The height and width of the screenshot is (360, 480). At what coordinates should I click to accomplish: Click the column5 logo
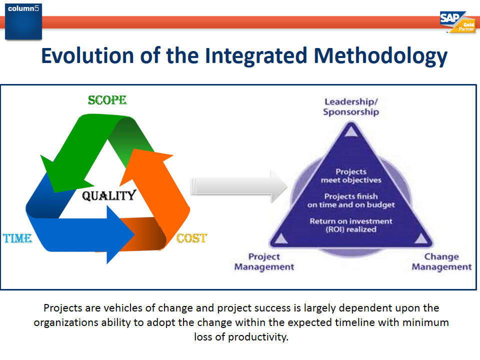click(x=23, y=20)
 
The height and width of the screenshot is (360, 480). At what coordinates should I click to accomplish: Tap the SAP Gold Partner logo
click(x=457, y=23)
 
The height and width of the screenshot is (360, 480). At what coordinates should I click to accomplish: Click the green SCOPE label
click(x=107, y=100)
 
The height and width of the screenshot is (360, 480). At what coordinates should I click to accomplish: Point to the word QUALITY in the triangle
click(x=108, y=195)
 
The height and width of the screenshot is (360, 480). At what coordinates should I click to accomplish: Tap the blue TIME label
click(x=17, y=238)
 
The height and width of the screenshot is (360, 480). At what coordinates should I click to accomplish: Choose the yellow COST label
click(x=191, y=238)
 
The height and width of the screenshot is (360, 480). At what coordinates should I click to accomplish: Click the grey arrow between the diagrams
click(x=239, y=186)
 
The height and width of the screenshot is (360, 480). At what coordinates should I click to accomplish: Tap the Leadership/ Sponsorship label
click(x=350, y=106)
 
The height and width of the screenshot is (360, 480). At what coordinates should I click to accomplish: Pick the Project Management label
click(x=264, y=261)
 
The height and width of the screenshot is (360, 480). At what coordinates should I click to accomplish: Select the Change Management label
click(x=441, y=261)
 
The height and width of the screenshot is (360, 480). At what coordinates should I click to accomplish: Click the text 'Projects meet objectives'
click(x=350, y=175)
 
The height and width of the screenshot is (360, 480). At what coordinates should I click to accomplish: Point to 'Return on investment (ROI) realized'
click(x=350, y=225)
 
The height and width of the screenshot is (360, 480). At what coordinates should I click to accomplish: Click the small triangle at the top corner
click(x=351, y=131)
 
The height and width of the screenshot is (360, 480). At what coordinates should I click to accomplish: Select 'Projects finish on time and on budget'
click(x=350, y=200)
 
